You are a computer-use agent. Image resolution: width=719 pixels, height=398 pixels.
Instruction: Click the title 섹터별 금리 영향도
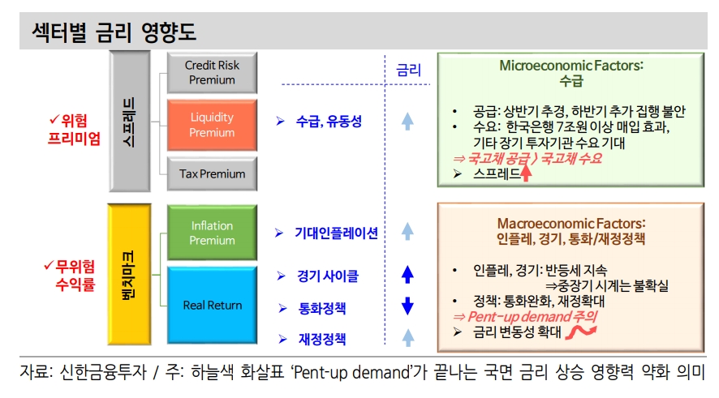114,32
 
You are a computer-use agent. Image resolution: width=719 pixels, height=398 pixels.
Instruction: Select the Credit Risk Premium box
212,72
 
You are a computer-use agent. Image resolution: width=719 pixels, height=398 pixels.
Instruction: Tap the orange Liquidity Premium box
212,125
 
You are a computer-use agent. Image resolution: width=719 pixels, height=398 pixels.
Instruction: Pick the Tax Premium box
212,173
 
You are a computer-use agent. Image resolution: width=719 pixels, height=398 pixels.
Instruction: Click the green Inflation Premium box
212,233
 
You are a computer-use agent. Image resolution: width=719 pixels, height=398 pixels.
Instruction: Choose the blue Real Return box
212,305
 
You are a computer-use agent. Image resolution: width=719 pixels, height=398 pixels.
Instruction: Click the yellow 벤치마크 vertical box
130,274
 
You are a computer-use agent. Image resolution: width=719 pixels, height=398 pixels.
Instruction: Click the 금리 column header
408,71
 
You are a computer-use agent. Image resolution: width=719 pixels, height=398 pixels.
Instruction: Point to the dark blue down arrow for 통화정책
407,306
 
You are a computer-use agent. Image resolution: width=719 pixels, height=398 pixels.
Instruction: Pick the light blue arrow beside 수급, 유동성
407,122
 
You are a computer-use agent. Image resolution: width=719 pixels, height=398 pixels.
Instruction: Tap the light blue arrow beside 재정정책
407,338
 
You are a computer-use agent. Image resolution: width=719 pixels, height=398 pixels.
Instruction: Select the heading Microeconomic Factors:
570,65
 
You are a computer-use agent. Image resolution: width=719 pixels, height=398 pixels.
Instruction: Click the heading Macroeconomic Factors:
570,222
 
